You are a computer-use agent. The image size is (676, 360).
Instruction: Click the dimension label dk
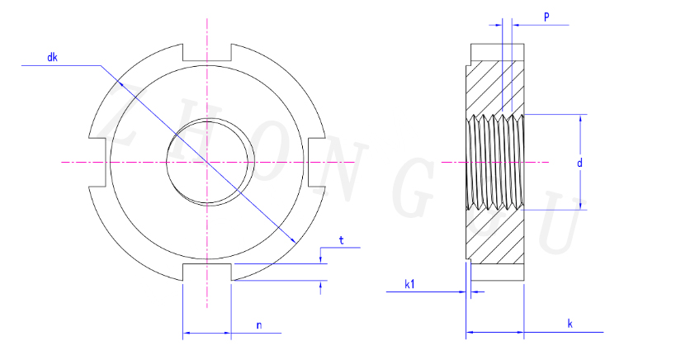pyautogui.click(x=52, y=57)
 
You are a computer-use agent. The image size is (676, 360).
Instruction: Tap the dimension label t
pyautogui.click(x=342, y=240)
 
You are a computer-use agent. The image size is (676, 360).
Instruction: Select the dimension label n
pyautogui.click(x=259, y=325)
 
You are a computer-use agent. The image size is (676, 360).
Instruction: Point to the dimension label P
pyautogui.click(x=546, y=17)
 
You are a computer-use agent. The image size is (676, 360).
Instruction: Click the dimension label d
pyautogui.click(x=580, y=163)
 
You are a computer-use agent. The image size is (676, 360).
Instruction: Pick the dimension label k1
pyautogui.click(x=409, y=284)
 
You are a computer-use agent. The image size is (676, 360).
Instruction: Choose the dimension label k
pyautogui.click(x=570, y=324)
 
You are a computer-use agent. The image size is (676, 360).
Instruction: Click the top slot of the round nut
pyautogui.click(x=207, y=52)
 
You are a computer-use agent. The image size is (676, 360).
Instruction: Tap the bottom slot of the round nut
pyautogui.click(x=207, y=272)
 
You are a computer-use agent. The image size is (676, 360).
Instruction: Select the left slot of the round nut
pyautogui.click(x=97, y=162)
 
